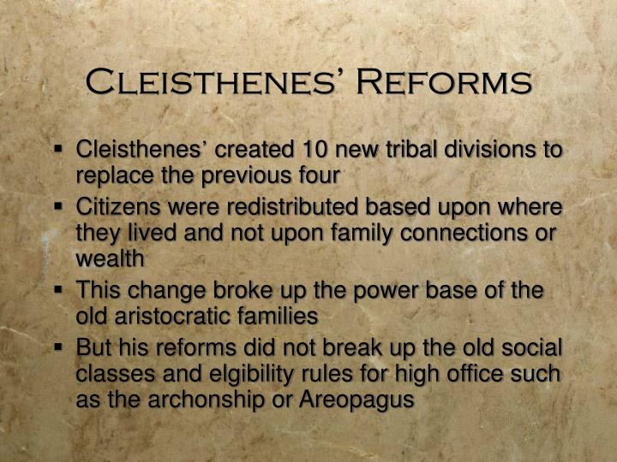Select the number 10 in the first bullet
pyautogui.click(x=315, y=150)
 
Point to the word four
pyautogui.click(x=319, y=175)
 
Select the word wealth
pyautogui.click(x=110, y=258)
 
